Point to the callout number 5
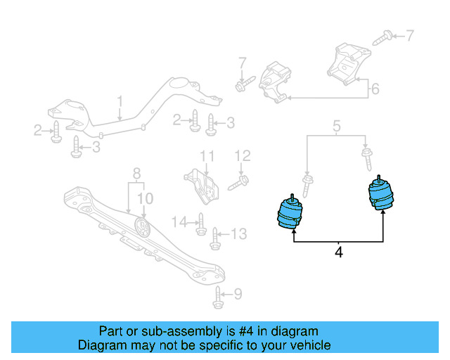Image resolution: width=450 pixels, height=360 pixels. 337,127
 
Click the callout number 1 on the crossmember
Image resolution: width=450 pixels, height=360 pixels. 120,103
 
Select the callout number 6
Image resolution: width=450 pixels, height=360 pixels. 375,89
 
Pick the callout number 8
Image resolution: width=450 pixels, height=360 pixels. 136,172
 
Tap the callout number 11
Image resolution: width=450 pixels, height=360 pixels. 206,155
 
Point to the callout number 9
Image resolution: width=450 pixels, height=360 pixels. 238,294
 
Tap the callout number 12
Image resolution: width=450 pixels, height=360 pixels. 242,155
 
